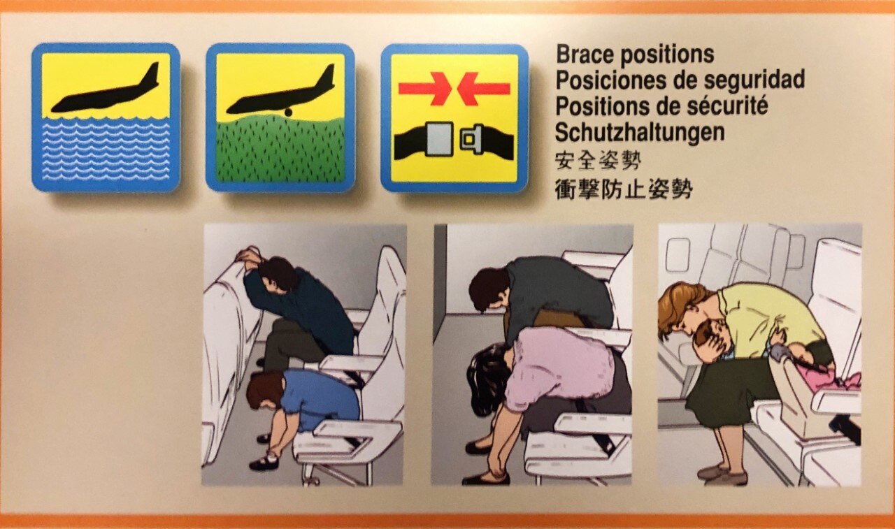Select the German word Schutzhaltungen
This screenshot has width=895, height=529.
(x=639, y=131)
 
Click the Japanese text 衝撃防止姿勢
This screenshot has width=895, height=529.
(x=623, y=187)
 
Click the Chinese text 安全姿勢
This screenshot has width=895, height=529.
(x=598, y=161)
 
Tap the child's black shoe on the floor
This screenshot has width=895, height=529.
(x=264, y=463)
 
